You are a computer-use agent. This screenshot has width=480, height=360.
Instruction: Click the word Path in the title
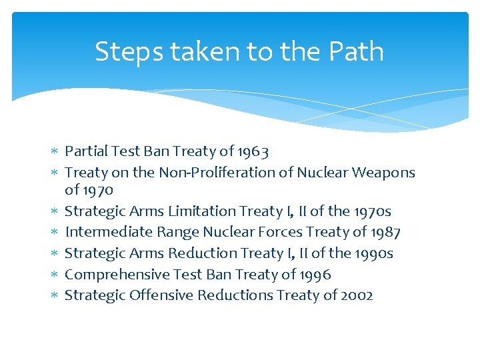359,52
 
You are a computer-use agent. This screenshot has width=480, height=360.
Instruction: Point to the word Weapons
383,173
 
